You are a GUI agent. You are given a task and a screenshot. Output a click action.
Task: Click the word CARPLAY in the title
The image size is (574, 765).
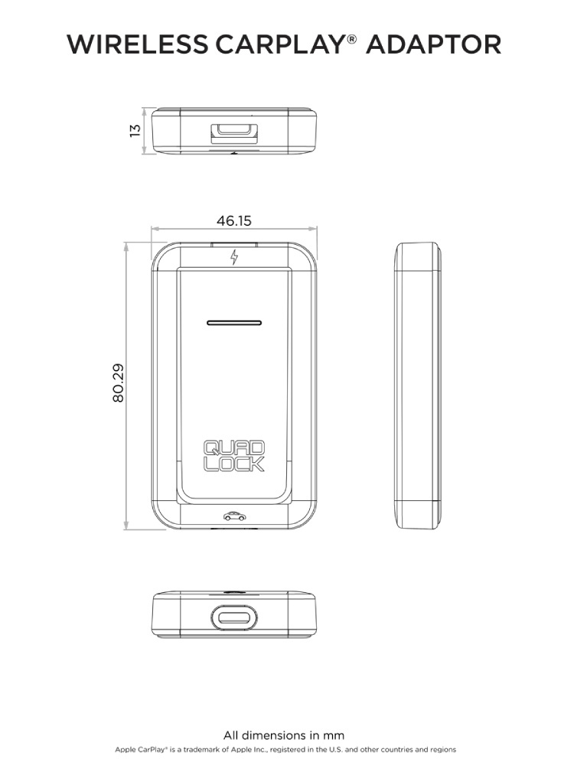coord(279,44)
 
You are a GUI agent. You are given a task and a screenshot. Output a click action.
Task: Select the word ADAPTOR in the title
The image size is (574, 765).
coord(433,44)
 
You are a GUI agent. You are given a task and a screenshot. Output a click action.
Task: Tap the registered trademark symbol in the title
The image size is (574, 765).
coord(352,38)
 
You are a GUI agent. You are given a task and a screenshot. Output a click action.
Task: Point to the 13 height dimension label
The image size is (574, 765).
coord(135,130)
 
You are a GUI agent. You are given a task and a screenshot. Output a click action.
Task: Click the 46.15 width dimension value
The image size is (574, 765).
coord(233,220)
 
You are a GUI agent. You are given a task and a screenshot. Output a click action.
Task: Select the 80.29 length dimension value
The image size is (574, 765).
coord(118,383)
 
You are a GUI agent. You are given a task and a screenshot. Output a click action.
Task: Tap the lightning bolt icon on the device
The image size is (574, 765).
coord(234,256)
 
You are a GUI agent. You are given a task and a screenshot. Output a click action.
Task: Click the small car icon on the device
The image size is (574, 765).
coord(235,516)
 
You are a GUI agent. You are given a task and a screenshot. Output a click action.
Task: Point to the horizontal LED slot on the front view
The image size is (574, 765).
coord(234,323)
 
